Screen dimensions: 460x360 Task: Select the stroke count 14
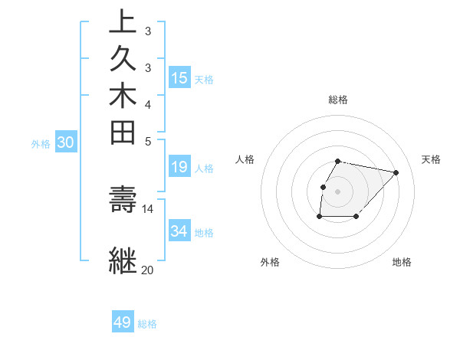click(x=147, y=208)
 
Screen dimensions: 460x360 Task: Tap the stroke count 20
click(x=147, y=270)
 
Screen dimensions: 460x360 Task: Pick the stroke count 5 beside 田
click(x=147, y=141)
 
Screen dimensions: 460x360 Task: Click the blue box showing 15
click(x=179, y=77)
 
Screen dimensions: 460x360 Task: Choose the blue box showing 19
click(x=179, y=168)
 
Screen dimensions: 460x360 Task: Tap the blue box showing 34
click(x=179, y=231)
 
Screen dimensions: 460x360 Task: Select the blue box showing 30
click(x=66, y=142)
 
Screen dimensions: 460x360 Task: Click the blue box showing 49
click(x=123, y=322)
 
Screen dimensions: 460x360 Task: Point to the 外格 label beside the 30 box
click(x=41, y=143)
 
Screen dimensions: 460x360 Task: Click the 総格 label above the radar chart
click(x=338, y=100)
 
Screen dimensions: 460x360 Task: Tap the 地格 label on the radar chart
click(x=402, y=263)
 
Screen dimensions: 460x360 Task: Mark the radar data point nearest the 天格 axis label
click(x=396, y=173)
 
